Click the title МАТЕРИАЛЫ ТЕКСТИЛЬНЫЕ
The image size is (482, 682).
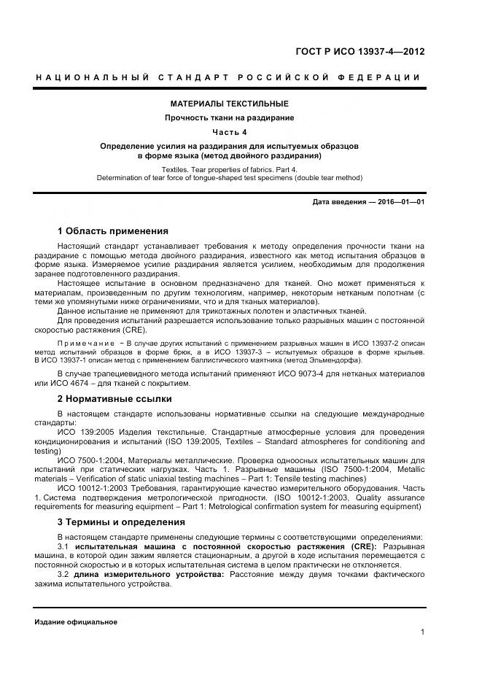click(230, 104)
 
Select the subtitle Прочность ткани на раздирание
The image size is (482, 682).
click(230, 117)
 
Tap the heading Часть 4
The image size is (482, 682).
click(230, 132)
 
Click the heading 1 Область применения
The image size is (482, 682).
click(113, 231)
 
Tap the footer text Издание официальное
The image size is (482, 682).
click(76, 621)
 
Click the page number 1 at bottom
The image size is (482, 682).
click(422, 632)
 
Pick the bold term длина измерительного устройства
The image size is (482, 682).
click(150, 575)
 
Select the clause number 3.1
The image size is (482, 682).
click(63, 546)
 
